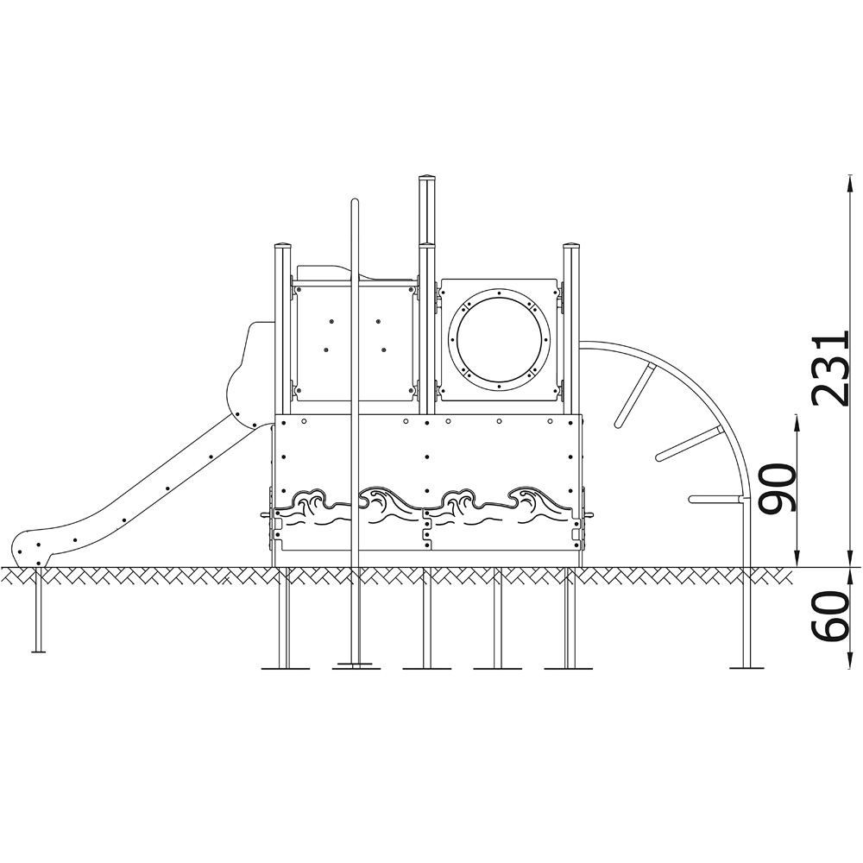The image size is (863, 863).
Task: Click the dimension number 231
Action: click(830, 369)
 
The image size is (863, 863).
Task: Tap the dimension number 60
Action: click(830, 616)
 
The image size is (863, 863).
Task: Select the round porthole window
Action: click(499, 339)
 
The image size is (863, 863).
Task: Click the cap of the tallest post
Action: click(427, 179)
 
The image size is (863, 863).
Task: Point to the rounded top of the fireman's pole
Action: click(355, 201)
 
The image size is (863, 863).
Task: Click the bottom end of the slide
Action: click(28, 551)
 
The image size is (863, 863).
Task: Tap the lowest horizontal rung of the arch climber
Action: click(715, 499)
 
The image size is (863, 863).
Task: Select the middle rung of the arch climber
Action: click(689, 443)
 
